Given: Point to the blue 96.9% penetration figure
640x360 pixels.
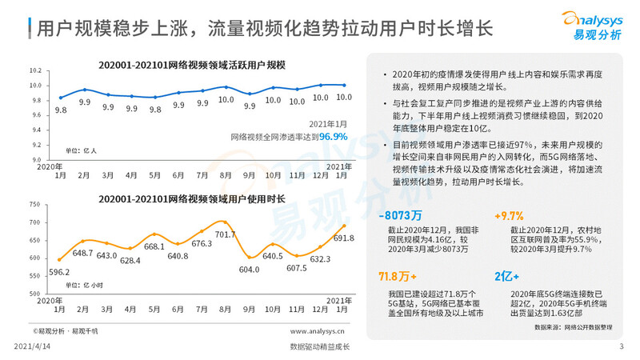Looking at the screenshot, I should pos(334,137).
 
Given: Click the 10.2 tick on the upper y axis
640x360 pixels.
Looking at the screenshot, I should pos(35,71).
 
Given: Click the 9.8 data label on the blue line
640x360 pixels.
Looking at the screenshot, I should pos(61,110).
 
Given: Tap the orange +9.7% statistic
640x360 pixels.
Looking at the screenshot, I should pos(509,216).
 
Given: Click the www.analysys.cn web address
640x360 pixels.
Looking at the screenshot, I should pos(318,330).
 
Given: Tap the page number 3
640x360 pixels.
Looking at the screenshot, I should pos(622,346).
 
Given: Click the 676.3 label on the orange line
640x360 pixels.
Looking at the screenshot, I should pos(202,243).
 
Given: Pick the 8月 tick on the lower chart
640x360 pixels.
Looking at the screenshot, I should pos(226,309).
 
